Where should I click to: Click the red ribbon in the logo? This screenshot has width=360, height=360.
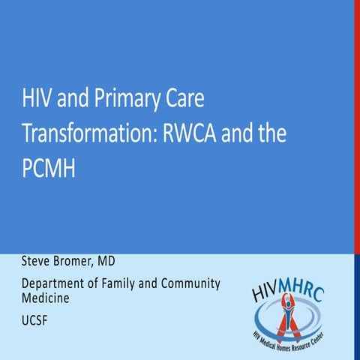click(x=286, y=319)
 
